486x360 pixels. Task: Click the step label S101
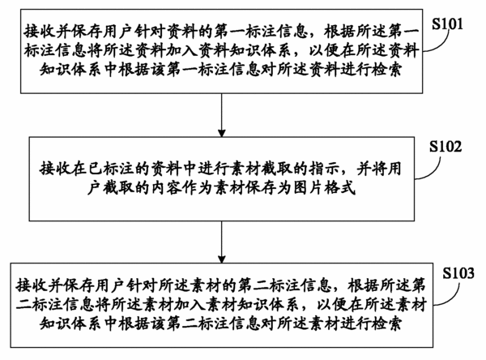(447, 24)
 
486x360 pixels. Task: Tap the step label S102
(446, 146)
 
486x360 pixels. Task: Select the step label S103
(458, 273)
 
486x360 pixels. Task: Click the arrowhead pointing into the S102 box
(222, 132)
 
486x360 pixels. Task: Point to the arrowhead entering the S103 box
(222, 259)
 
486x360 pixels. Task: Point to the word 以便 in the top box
(325, 50)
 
